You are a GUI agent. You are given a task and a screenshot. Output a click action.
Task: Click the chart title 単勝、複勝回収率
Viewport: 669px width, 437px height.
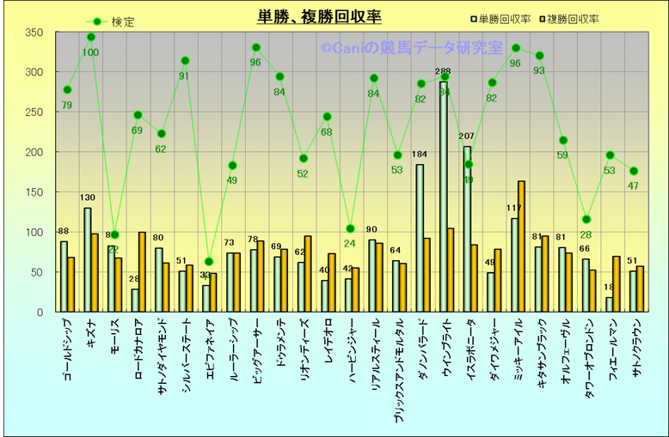click(x=319, y=16)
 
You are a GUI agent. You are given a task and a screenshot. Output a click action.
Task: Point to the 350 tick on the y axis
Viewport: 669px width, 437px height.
click(x=34, y=33)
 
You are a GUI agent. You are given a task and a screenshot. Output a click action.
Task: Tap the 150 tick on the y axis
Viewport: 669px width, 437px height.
click(x=34, y=192)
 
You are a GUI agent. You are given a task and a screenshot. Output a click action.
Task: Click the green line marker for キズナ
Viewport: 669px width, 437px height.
click(x=91, y=37)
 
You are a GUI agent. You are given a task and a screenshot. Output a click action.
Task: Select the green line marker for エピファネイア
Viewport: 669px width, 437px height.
click(x=208, y=262)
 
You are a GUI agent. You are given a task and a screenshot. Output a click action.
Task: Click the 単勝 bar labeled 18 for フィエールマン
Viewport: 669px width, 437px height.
click(x=609, y=305)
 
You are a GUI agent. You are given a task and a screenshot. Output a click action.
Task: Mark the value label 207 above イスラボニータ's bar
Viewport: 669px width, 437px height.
click(x=467, y=137)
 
